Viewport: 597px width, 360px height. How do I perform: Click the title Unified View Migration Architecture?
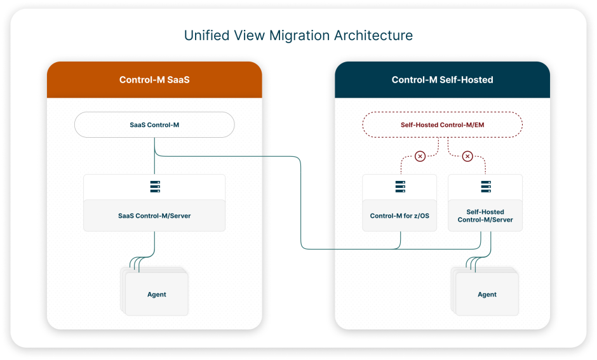298,36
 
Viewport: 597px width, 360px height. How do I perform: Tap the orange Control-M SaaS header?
154,79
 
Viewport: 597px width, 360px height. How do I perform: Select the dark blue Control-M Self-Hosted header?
442,79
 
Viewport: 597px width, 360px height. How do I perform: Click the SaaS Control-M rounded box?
154,125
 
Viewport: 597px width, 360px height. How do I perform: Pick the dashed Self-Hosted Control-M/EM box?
442,125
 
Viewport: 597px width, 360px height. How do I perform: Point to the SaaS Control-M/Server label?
154,216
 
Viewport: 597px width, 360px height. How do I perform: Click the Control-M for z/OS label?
399,216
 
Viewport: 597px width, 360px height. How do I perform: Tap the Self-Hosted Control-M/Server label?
485,216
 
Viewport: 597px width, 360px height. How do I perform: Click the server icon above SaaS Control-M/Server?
155,187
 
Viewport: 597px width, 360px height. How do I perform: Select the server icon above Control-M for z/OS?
400,187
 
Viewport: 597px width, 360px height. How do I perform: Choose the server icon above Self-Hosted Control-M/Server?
486,187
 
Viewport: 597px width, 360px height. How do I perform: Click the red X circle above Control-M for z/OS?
420,156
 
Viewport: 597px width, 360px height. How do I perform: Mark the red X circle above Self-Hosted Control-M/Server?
467,156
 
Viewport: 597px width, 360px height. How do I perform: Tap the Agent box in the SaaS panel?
156,294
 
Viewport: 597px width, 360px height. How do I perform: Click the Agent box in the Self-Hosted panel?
487,294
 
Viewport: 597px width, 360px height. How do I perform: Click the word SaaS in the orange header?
178,79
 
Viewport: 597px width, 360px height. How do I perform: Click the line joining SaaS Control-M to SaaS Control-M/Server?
154,156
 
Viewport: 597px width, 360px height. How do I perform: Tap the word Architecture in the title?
373,36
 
